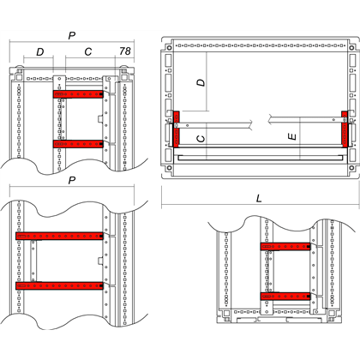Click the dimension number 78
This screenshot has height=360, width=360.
125,51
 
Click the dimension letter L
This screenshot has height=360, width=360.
259,198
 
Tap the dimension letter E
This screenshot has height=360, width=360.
292,137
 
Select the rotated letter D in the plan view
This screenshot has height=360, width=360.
201,82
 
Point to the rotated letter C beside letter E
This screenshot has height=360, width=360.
201,139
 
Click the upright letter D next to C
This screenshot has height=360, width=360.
40,51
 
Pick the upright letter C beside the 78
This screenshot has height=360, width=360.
88,51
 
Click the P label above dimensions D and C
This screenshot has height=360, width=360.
72,36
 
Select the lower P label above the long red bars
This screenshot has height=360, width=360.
72,181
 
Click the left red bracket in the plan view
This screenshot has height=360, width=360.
177,129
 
